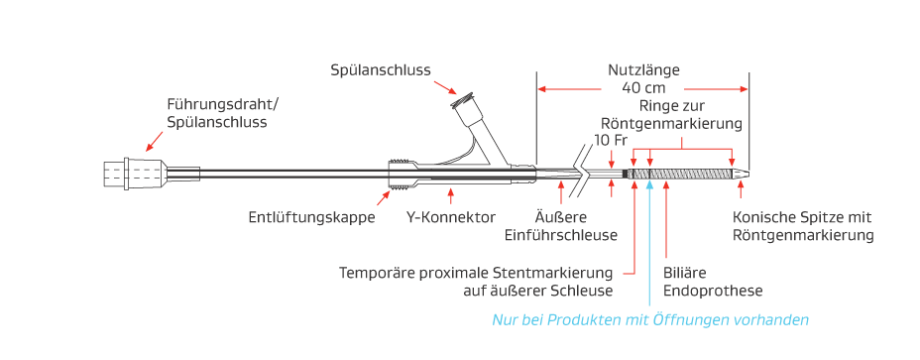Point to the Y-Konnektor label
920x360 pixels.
(x=451, y=217)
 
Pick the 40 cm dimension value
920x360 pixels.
(x=643, y=87)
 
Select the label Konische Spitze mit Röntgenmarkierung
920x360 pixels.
(x=802, y=226)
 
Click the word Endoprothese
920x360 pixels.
(x=712, y=290)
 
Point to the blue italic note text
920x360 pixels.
(x=650, y=319)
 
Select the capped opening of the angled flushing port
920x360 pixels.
(x=463, y=100)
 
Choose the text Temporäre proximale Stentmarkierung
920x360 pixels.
(x=476, y=272)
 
